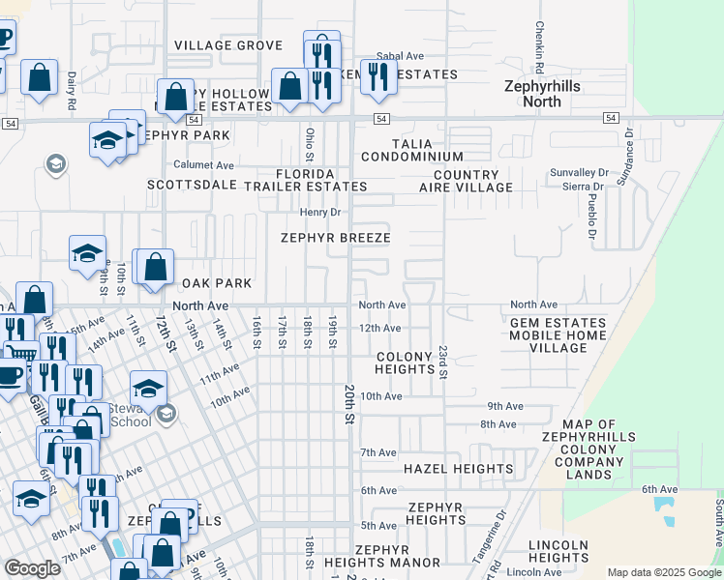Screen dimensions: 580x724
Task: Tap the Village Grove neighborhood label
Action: (228, 45)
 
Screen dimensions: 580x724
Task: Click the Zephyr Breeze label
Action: (335, 238)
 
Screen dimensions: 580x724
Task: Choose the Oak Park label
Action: (218, 283)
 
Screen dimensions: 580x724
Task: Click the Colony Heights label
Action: (404, 362)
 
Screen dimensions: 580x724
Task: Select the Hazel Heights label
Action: (458, 469)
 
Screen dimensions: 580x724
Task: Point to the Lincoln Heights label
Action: (558, 551)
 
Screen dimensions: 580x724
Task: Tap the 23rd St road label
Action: (442, 359)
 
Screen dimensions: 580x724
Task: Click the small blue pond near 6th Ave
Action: (664, 506)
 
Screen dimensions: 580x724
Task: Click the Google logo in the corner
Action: (32, 568)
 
